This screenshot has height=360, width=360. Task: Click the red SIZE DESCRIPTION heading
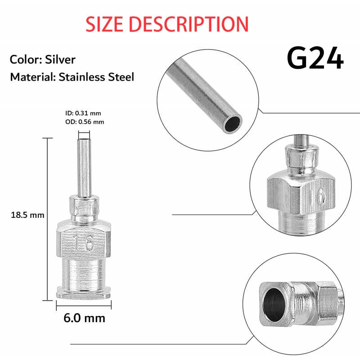click(167, 24)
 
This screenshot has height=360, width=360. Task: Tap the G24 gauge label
click(315, 58)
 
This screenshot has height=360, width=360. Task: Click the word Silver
click(60, 59)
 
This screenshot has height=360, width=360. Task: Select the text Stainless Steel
click(96, 76)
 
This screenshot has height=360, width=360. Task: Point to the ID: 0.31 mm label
click(83, 113)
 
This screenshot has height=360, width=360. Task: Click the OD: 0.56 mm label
click(85, 121)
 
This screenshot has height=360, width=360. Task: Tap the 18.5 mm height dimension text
click(27, 215)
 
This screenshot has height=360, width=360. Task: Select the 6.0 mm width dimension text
click(84, 318)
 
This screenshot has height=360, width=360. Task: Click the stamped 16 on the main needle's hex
click(84, 243)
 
